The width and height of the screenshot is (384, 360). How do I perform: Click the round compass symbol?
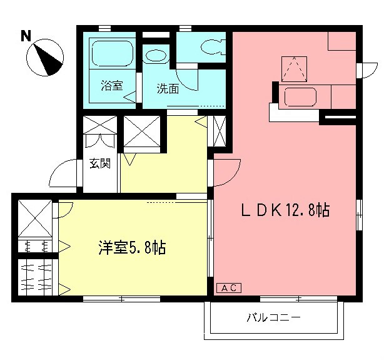[x=46, y=57]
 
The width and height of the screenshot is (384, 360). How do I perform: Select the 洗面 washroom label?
[x=168, y=88]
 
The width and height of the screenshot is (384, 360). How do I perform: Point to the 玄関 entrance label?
[x=100, y=164]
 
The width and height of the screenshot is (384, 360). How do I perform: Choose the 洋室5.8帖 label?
[x=131, y=247]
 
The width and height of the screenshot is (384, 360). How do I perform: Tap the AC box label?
[x=228, y=287]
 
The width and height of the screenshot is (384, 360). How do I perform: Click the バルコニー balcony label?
[x=273, y=317]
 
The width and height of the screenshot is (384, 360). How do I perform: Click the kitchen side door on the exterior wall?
[x=367, y=71]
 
